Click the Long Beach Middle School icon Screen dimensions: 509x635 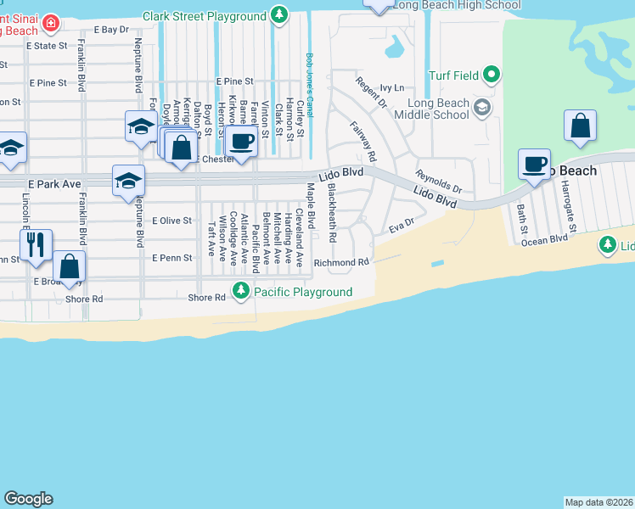pos(482,107)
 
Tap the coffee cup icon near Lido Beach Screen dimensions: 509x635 pos(535,164)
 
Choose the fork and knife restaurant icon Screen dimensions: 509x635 pos(36,244)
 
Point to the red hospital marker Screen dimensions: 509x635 pos(52,22)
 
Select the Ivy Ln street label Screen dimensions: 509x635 pos(391,87)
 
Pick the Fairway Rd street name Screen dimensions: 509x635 pos(362,141)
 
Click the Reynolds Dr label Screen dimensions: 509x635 pos(438,181)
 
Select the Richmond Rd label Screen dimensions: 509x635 pos(342,263)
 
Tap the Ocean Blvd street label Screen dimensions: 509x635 pos(544,240)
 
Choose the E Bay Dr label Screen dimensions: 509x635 pos(111,29)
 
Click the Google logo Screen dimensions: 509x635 pos(28,499)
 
